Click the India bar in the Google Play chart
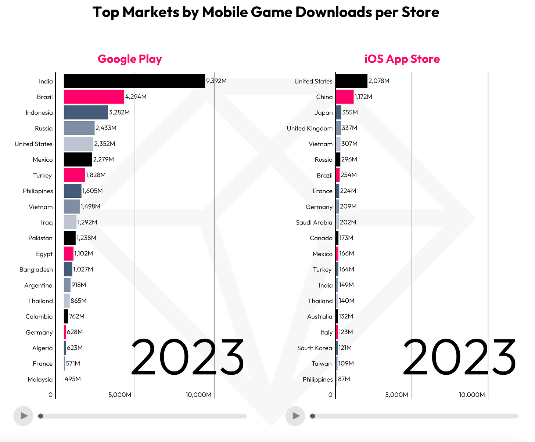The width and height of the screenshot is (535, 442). pyautogui.click(x=134, y=81)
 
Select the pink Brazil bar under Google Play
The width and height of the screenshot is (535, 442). pyautogui.click(x=94, y=97)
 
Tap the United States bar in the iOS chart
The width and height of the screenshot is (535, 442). pyautogui.click(x=351, y=81)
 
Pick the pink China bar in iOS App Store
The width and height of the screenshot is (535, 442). pyautogui.click(x=345, y=97)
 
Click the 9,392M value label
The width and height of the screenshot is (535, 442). pyautogui.click(x=216, y=81)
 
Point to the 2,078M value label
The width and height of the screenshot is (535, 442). pyautogui.click(x=379, y=81)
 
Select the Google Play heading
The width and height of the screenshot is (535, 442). pyautogui.click(x=130, y=59)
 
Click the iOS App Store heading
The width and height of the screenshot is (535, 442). pyautogui.click(x=402, y=59)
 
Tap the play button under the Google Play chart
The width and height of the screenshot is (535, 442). pyautogui.click(x=23, y=416)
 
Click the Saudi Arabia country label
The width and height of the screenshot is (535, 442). pyautogui.click(x=314, y=223)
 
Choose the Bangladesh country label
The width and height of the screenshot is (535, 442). pyautogui.click(x=36, y=270)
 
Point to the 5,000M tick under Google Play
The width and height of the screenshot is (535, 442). pyautogui.click(x=120, y=395)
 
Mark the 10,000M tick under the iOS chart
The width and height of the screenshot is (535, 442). pyautogui.click(x=472, y=395)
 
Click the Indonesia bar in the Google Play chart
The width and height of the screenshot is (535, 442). pyautogui.click(x=86, y=112)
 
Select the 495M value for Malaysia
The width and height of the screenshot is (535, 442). pyautogui.click(x=73, y=379)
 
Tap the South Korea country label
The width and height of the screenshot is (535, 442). pyautogui.click(x=315, y=348)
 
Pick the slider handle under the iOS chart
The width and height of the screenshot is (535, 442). pyautogui.click(x=313, y=416)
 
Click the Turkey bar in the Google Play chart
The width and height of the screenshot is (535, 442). pyautogui.click(x=74, y=175)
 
